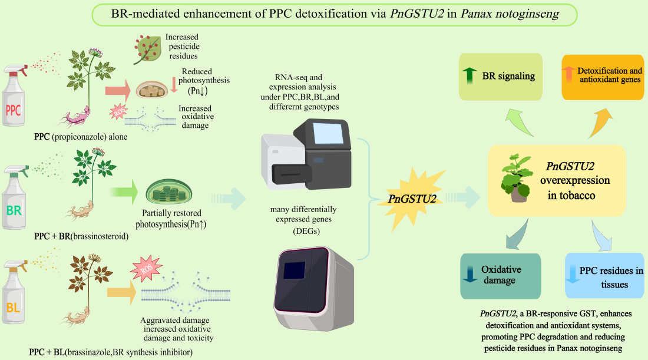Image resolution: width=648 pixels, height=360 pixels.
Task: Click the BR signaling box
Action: pyautogui.click(x=500, y=76)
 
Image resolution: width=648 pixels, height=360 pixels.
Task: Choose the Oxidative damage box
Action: pyautogui.click(x=500, y=275)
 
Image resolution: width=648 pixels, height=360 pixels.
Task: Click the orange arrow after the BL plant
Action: pyautogui.click(x=120, y=290)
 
